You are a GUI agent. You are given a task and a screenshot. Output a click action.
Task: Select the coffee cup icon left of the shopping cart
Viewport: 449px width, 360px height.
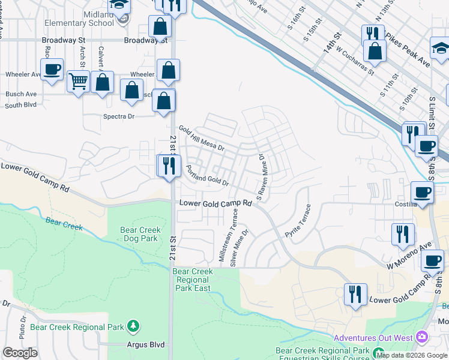coord(52,68)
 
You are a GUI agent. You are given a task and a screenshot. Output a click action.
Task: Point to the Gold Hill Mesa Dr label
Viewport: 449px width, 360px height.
coord(201,138)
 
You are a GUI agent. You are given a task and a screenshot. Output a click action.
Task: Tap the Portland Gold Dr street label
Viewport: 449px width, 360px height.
coord(207,175)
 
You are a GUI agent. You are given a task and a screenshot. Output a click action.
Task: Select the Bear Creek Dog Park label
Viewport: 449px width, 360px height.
coord(139,234)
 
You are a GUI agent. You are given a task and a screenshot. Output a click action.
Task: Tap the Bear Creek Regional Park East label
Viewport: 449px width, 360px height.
coord(193,280)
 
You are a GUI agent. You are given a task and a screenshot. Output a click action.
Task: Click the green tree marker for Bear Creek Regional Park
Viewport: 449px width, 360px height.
coord(133,326)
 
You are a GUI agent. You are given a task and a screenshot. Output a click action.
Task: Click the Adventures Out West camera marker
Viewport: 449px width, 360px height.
coord(423,338)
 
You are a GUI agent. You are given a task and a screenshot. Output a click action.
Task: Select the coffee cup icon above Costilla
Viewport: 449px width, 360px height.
coord(422,193)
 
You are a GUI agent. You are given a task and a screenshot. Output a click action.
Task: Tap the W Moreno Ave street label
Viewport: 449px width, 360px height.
coord(409,256)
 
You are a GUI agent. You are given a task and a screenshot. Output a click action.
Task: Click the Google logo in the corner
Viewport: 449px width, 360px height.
coord(20,353)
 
